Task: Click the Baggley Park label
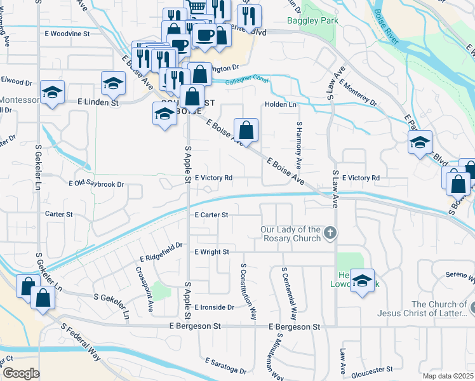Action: pyautogui.click(x=312, y=20)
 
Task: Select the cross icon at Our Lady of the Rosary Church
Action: pyautogui.click(x=329, y=233)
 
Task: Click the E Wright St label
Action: pyautogui.click(x=211, y=252)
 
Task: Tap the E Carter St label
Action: pyautogui.click(x=211, y=215)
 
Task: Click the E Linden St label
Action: pyautogui.click(x=98, y=102)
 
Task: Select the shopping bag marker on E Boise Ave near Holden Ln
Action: pyautogui.click(x=246, y=131)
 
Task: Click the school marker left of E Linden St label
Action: pyautogui.click(x=52, y=93)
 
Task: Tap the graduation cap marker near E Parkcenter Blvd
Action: pyautogui.click(x=420, y=143)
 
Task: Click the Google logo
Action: pyautogui.click(x=20, y=373)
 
